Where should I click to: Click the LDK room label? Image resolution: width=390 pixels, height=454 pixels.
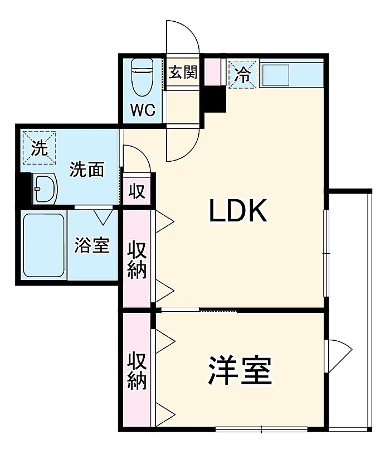click(238, 210)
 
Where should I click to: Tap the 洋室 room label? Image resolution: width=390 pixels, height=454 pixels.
click(240, 370)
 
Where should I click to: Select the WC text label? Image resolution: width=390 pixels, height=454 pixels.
click(143, 110)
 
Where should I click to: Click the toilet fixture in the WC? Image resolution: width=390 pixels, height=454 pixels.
click(142, 77)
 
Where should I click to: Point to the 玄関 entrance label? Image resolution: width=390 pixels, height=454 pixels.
click(183, 72)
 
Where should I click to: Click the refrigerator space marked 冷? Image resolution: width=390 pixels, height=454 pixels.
click(242, 74)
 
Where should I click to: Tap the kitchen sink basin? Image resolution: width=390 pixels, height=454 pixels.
click(276, 75)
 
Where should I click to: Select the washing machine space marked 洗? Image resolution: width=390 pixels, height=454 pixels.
click(39, 148)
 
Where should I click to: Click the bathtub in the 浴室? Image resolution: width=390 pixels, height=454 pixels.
click(43, 245)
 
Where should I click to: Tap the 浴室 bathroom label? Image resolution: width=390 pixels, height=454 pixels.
click(92, 245)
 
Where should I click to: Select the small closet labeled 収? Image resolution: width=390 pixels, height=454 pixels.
click(136, 191)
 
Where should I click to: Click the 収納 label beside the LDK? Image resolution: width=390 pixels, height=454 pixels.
click(137, 259)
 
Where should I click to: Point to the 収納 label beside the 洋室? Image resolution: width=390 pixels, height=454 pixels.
click(137, 370)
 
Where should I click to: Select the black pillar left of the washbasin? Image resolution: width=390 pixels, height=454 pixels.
click(23, 189)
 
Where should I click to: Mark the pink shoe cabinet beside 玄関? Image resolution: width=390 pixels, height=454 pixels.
click(213, 71)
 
